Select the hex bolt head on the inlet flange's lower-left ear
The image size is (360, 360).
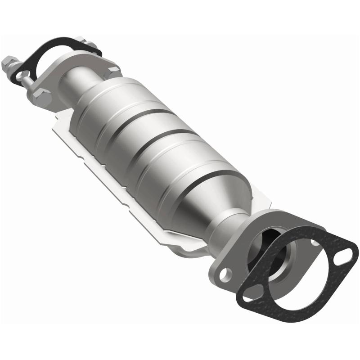(x=40, y=95)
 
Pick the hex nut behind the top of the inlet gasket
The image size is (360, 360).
(x=93, y=45)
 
